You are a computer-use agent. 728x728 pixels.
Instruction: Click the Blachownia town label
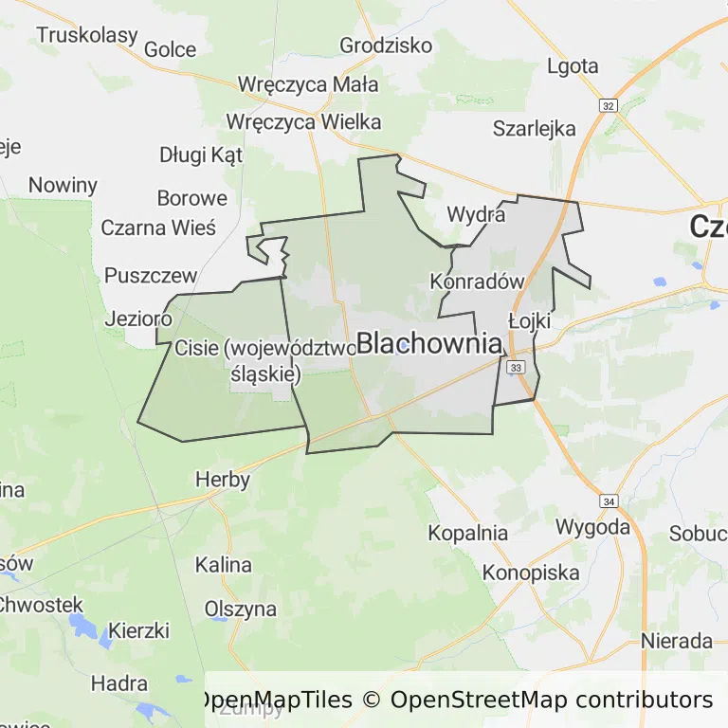click(428, 343)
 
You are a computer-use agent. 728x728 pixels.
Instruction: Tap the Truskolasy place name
click(87, 35)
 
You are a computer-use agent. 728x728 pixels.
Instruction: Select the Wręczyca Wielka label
click(303, 121)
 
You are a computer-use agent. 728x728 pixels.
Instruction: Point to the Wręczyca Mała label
click(308, 84)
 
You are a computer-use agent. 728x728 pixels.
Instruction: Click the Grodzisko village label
click(386, 45)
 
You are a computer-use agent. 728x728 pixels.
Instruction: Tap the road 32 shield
click(609, 104)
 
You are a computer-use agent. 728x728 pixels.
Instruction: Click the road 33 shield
click(516, 367)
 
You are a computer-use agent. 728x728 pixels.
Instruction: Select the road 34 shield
click(609, 500)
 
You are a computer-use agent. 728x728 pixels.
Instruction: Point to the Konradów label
click(477, 282)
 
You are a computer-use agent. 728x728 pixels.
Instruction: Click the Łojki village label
click(529, 321)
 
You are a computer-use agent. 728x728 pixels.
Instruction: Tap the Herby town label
click(223, 479)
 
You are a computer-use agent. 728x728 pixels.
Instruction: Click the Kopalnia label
click(467, 533)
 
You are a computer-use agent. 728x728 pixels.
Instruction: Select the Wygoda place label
click(592, 526)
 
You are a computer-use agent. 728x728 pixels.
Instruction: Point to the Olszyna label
click(241, 610)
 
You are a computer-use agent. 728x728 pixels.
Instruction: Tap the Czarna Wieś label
click(158, 228)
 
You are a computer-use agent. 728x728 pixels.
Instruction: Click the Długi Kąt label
click(201, 155)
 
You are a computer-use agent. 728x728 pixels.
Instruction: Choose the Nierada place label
click(677, 641)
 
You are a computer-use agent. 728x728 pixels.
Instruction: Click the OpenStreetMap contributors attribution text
click(552, 701)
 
